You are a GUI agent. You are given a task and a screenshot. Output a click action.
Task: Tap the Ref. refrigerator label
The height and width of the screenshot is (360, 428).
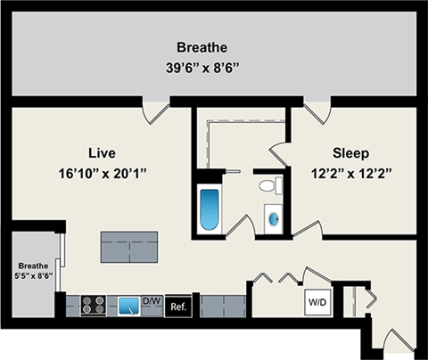tap(177, 305)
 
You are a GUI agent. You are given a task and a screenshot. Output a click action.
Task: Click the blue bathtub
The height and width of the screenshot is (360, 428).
tap(210, 209)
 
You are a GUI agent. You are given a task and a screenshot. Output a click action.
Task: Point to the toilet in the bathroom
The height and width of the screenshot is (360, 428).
tap(267, 186)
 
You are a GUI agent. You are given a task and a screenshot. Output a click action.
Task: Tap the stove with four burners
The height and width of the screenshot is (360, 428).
tap(95, 305)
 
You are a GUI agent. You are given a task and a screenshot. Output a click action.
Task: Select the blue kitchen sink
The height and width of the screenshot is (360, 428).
tap(129, 306)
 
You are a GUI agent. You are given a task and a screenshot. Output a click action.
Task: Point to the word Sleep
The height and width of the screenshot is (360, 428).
tap(351, 152)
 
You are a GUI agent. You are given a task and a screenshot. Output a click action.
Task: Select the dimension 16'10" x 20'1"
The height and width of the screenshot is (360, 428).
tap(104, 173)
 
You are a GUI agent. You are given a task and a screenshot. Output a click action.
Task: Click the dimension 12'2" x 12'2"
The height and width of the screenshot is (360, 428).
tap(351, 173)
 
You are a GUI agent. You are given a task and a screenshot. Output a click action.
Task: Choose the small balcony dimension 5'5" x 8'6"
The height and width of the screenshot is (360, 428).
tap(34, 276)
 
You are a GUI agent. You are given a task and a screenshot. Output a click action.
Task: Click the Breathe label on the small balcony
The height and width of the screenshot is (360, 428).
tap(34, 265)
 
